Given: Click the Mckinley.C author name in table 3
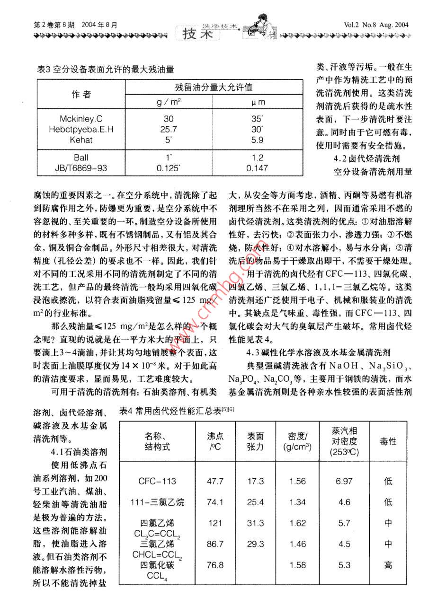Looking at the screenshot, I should pos(81,119).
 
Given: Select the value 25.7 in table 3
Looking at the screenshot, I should pos(169,129).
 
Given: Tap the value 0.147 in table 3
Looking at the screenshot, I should pos(257,168).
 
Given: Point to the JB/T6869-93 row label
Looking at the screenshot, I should pos(81,168).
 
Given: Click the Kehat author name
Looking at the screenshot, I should pos(81,140).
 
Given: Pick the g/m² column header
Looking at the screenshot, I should pos(169,102).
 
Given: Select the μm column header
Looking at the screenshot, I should pos(258,102).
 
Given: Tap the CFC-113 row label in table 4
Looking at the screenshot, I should pos(157,481).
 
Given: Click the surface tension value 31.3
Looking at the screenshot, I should pos(256,523).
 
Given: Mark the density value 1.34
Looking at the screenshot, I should pos(297,502).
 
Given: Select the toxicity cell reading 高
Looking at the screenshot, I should pos(388,565).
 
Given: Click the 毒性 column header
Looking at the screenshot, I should pos(388,441).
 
